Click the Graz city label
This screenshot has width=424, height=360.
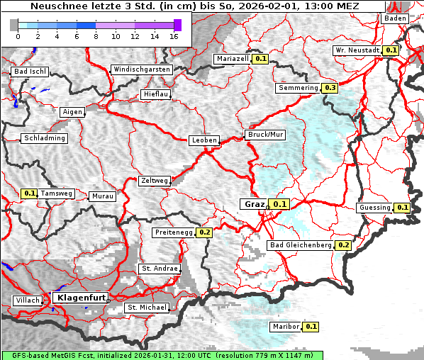coord(255,204)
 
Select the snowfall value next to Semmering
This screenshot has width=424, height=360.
coord(330,88)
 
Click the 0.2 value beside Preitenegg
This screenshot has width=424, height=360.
coord(205,232)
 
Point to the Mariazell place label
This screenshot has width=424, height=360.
coord(233,59)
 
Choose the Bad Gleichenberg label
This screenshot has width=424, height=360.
coord(301,245)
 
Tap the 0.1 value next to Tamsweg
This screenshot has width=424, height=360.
coord(29,193)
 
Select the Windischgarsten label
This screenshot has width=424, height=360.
coord(141,69)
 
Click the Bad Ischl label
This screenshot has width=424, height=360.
coord(29,72)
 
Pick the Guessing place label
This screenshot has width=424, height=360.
coord(374,208)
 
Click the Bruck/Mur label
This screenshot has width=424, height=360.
coord(264,134)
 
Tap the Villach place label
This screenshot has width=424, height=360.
coord(27,300)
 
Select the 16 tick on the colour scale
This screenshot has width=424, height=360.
coord(174,35)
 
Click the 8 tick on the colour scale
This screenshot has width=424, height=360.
coord(96,35)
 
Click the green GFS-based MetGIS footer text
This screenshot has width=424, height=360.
coord(162,355)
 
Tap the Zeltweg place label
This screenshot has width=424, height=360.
coord(154,181)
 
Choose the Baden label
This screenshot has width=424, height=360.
coord(394,18)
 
